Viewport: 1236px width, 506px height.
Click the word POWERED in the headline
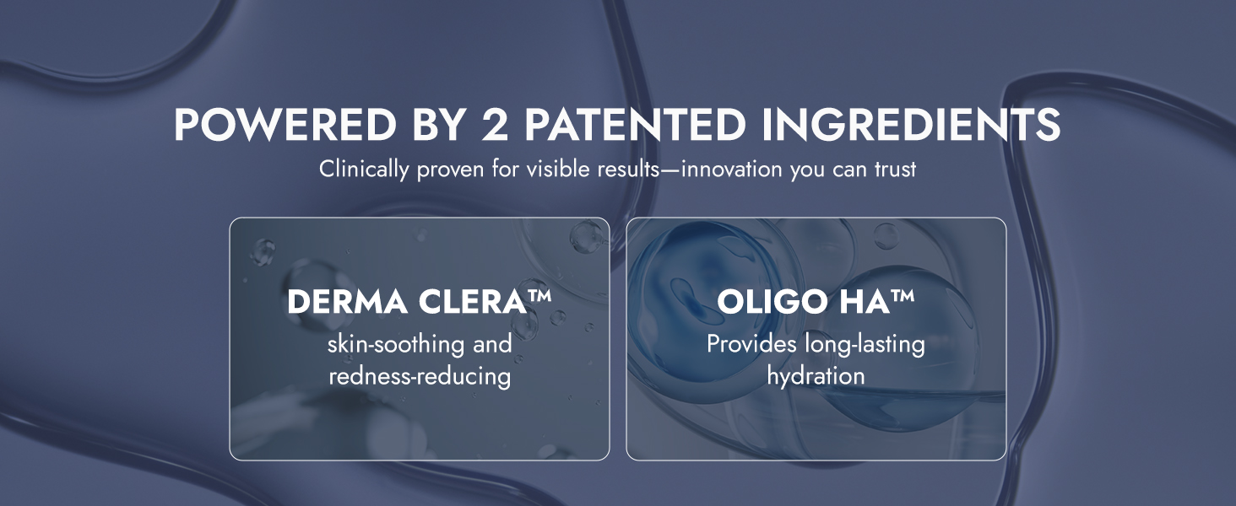(285, 125)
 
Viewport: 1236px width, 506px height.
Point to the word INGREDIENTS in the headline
(911, 125)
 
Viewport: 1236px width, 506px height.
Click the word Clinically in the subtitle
(363, 170)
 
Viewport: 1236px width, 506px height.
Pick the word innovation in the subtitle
(731, 170)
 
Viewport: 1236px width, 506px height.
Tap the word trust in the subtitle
(895, 170)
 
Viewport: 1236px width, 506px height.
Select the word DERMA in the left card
(347, 302)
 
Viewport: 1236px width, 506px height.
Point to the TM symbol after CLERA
(539, 295)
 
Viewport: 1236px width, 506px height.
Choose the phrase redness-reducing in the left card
(420, 377)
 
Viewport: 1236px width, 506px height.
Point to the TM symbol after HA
(903, 295)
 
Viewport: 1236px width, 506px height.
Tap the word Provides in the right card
(751, 344)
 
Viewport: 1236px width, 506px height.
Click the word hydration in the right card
(816, 377)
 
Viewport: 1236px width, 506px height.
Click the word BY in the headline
(438, 125)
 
